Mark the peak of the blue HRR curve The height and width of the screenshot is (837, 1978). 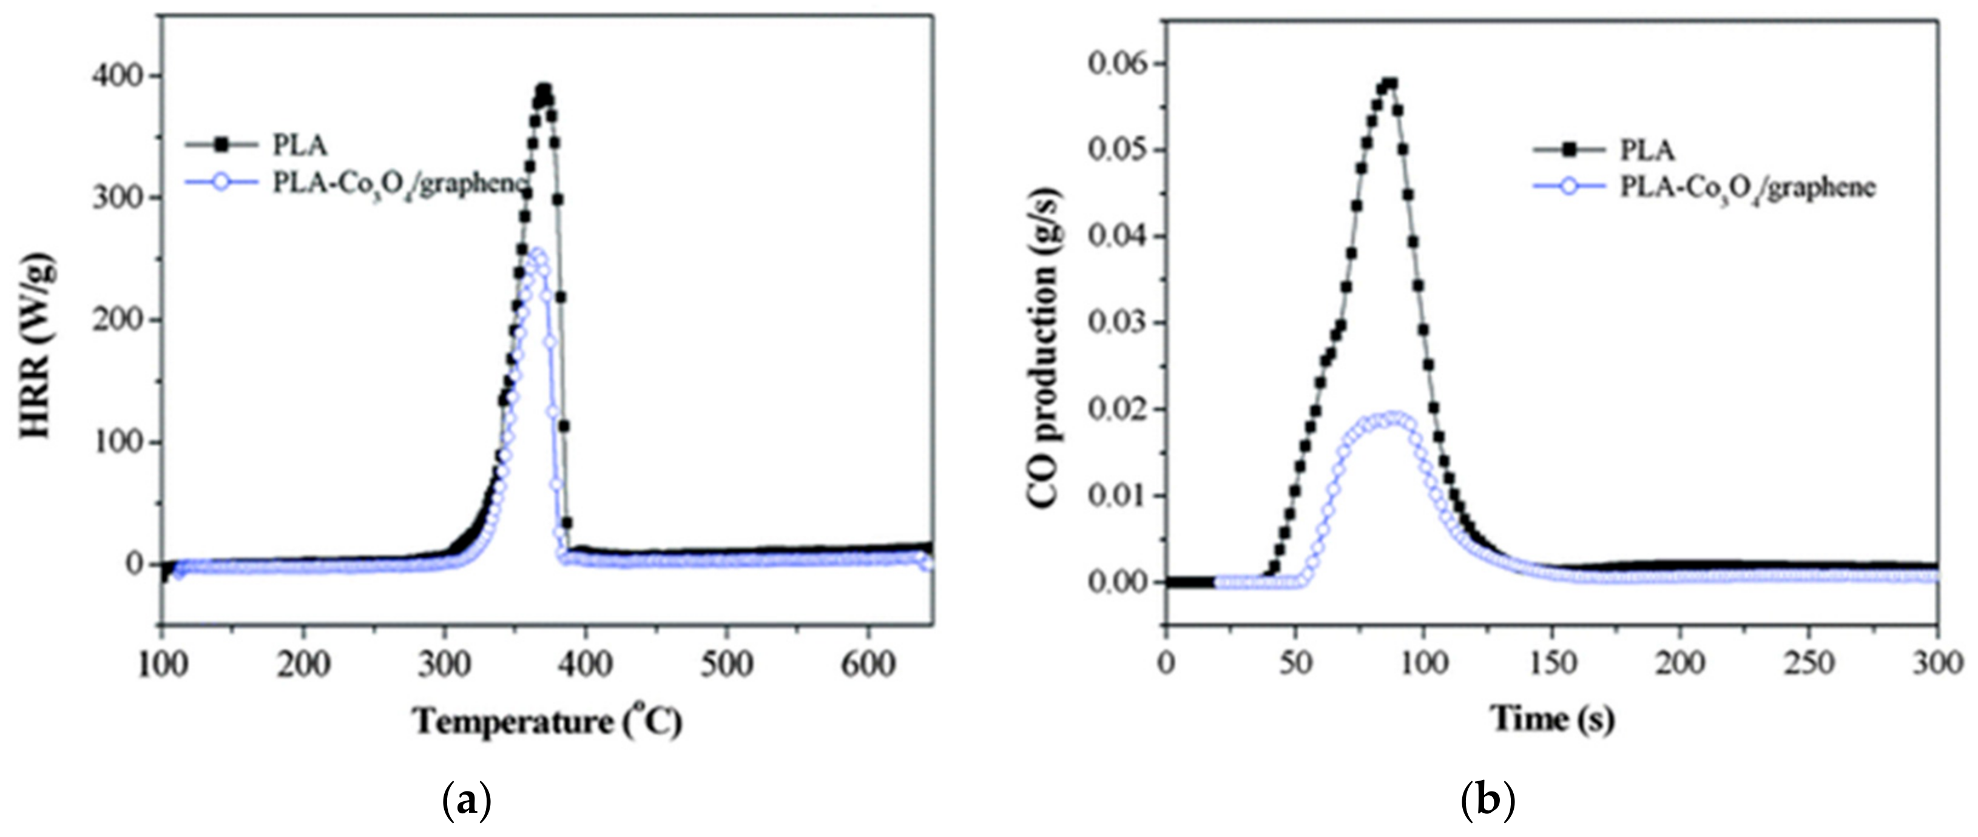(538, 255)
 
